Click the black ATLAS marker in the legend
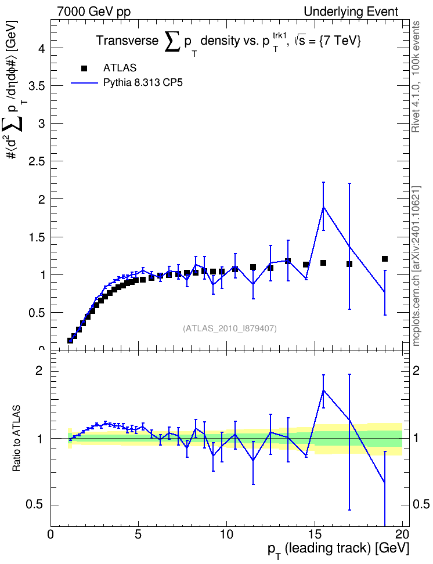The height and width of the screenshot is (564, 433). click(x=84, y=68)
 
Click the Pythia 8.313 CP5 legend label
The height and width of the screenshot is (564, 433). click(x=143, y=83)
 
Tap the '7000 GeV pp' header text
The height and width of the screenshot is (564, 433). click(x=93, y=12)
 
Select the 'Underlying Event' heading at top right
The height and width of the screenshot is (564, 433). click(x=351, y=12)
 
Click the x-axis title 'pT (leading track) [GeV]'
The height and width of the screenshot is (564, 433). click(x=338, y=549)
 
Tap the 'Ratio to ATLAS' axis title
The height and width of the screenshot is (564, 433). click(x=16, y=439)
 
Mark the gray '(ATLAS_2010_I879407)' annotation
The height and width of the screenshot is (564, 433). click(x=230, y=328)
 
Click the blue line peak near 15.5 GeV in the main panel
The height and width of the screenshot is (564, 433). click(x=323, y=207)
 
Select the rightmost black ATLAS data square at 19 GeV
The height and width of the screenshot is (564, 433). click(x=385, y=259)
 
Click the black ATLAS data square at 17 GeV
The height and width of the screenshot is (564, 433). click(x=349, y=264)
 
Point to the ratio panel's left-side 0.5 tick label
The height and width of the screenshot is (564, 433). click(x=35, y=505)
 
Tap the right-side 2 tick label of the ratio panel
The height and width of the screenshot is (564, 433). click(x=416, y=371)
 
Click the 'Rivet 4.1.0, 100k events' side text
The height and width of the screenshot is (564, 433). click(x=416, y=77)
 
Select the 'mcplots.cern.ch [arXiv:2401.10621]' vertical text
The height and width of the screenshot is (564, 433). click(x=416, y=266)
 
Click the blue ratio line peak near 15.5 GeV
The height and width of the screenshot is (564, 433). click(x=323, y=390)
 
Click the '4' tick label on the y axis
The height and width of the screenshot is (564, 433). click(x=41, y=48)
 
